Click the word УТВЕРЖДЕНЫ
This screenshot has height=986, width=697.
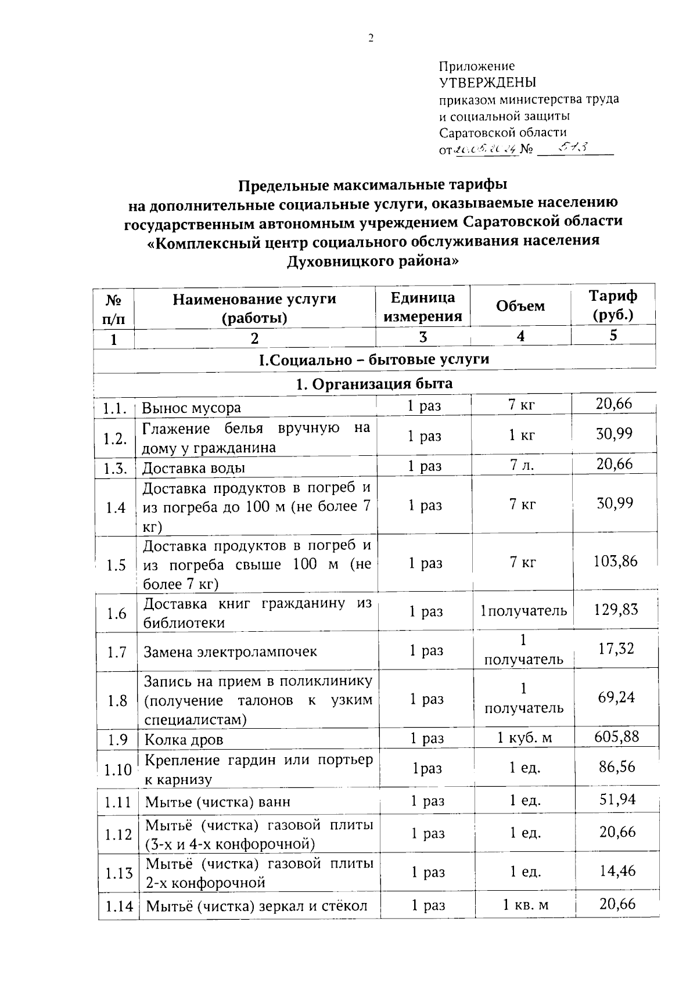click(x=487, y=82)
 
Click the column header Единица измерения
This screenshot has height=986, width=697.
click(x=422, y=307)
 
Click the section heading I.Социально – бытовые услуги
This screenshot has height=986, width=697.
click(x=373, y=359)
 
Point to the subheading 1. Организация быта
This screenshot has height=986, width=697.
click(x=373, y=383)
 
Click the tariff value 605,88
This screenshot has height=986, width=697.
click(x=616, y=736)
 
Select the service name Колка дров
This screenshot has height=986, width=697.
click(x=184, y=740)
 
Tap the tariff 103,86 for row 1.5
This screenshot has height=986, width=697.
click(x=615, y=561)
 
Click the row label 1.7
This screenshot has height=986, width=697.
click(x=117, y=652)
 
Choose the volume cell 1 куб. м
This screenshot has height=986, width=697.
click(x=524, y=738)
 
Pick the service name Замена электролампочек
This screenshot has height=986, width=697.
click(x=230, y=652)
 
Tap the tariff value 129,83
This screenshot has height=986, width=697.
click(x=615, y=609)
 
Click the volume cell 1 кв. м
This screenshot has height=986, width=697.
click(x=525, y=905)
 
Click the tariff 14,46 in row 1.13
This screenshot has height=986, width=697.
click(x=617, y=870)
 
